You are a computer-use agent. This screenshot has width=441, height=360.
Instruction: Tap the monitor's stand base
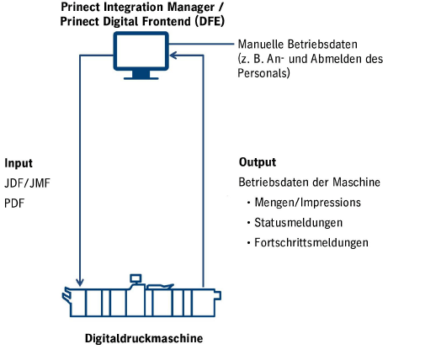tap(141, 78)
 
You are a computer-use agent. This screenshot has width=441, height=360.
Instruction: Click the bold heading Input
tap(19, 163)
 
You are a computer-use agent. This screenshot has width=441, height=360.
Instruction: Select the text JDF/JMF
tap(27, 183)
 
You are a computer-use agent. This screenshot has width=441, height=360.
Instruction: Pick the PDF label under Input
tap(14, 204)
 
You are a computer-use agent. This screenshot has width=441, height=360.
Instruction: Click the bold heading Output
tap(258, 162)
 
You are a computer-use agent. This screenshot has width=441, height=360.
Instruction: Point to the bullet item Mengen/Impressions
tap(307, 203)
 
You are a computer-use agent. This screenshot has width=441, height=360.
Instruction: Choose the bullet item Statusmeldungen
tap(299, 223)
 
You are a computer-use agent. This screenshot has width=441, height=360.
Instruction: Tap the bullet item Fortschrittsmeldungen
tap(311, 243)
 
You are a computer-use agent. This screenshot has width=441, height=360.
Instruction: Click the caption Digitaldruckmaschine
tap(144, 338)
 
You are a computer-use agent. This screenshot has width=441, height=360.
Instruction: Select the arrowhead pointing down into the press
tap(80, 282)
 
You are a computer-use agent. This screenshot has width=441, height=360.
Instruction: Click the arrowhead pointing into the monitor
tap(173, 56)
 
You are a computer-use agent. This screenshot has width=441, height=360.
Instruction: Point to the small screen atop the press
tap(135, 278)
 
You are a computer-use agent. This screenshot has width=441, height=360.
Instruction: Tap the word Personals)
tap(263, 73)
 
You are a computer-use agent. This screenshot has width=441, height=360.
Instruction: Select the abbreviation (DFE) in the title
tap(210, 21)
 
